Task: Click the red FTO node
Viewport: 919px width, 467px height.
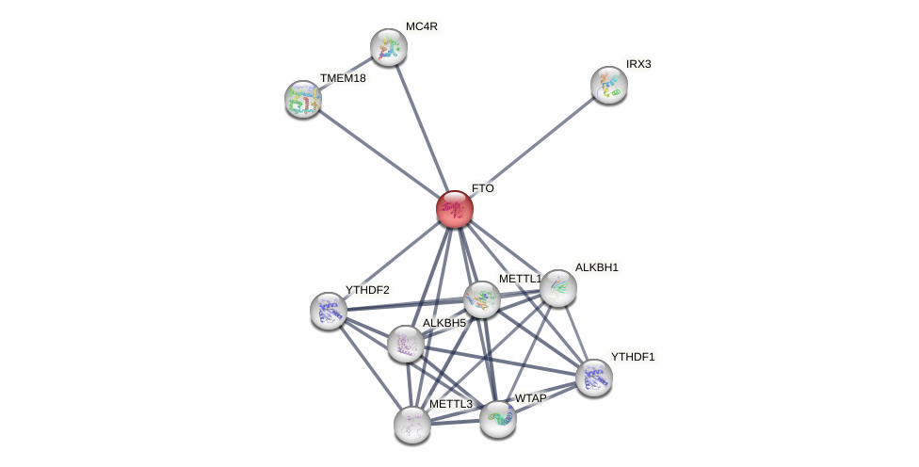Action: point(455,209)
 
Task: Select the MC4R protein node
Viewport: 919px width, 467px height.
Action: point(388,47)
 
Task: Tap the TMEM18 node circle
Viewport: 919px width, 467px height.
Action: point(303,99)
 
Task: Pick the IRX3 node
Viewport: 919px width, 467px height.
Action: point(609,85)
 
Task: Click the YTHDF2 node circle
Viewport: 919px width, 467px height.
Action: point(329,311)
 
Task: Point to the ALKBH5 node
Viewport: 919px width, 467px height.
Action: point(406,344)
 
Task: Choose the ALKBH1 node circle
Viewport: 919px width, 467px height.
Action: point(557,288)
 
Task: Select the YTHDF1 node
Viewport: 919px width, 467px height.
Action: point(594,378)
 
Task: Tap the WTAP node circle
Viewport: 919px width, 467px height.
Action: point(498,419)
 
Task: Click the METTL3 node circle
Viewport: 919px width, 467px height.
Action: point(412,425)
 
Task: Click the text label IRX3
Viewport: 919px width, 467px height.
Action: point(638,64)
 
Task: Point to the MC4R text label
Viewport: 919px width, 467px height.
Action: point(422,26)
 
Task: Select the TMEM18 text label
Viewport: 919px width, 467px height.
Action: point(343,78)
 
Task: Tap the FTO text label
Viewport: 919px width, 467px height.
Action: point(483,188)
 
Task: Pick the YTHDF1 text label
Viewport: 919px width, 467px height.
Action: point(633,357)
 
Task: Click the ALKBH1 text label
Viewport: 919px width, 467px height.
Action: point(597,267)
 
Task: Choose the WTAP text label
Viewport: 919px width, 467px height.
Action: point(530,398)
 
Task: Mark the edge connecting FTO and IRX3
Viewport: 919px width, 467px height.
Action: point(532,147)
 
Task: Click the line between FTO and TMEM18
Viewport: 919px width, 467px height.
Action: point(379,153)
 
